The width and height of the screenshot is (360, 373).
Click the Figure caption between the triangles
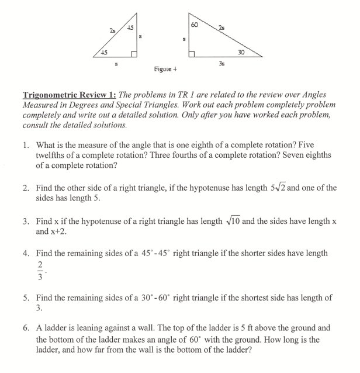(166, 68)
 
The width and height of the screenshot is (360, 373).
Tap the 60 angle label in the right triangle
(195, 25)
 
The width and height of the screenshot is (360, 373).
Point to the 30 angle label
(241, 51)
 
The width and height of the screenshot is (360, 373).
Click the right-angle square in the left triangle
(134, 54)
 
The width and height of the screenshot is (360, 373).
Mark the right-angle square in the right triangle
(192, 54)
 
